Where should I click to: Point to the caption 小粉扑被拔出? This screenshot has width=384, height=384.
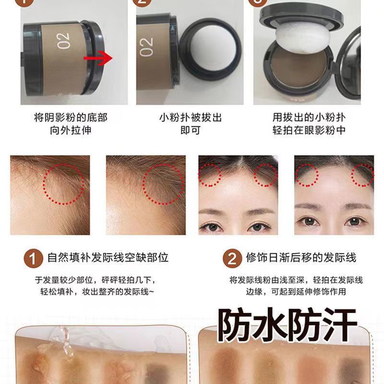click(x=191, y=118)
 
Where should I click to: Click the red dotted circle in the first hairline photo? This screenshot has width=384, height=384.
click(x=63, y=182)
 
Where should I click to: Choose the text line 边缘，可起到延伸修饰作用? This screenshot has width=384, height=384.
click(x=288, y=291)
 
